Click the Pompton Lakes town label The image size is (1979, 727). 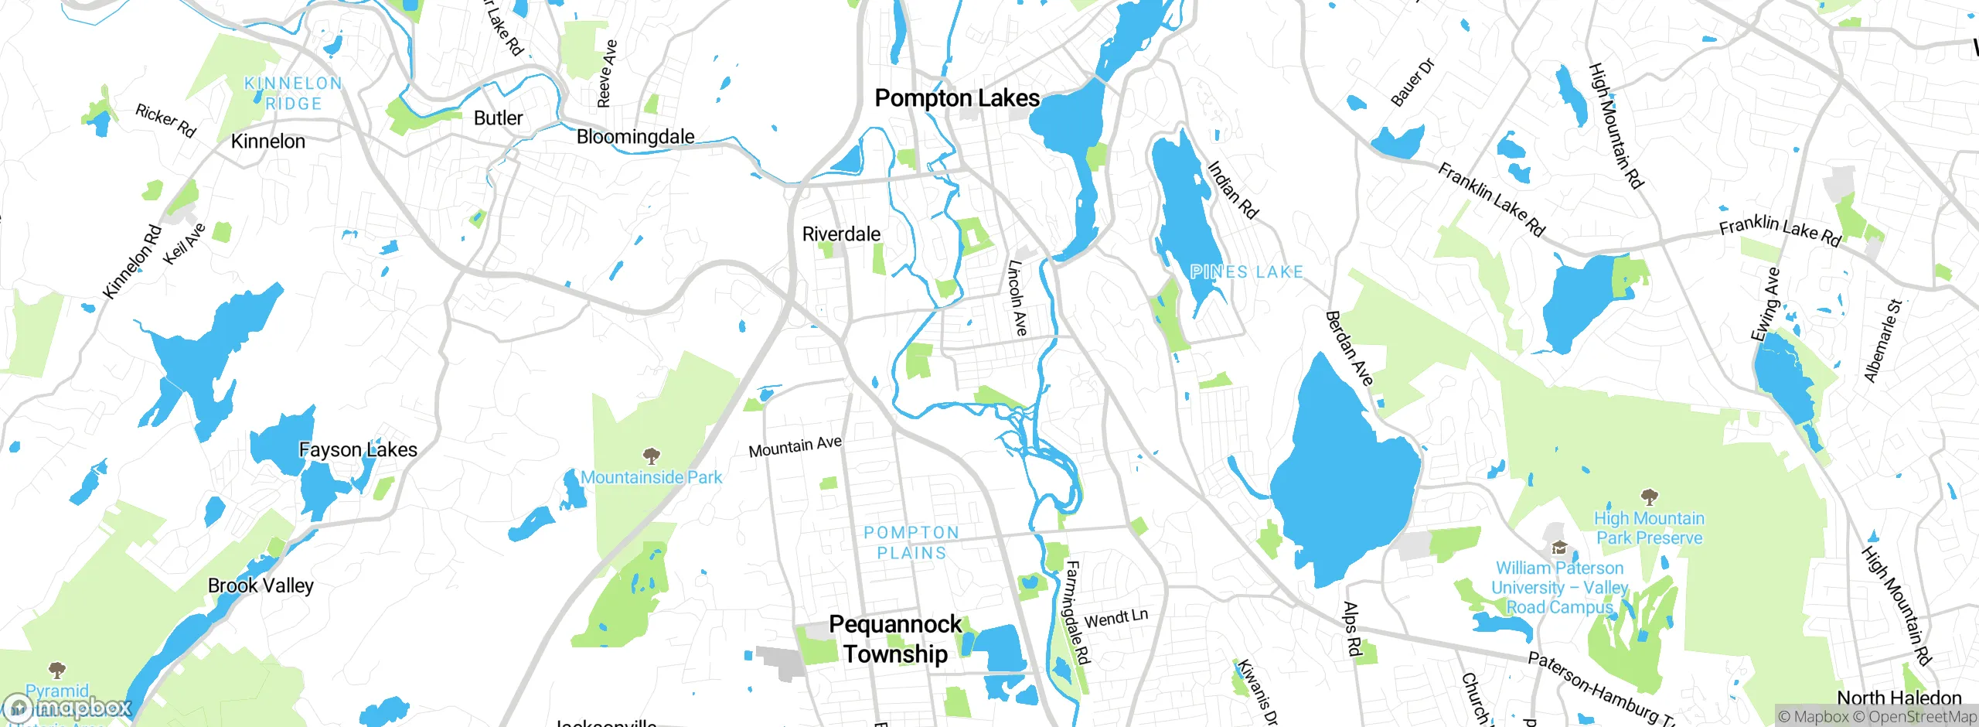[x=957, y=98]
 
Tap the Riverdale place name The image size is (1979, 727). [x=841, y=234]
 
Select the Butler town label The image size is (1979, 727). [x=498, y=118]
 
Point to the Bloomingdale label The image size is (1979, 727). [x=635, y=137]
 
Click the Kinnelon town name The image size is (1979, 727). [x=268, y=142]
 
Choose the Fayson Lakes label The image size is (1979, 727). [x=358, y=449]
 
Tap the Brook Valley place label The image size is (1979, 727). [x=261, y=585]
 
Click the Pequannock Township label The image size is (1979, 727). [x=895, y=639]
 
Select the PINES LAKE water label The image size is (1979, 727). [x=1246, y=272]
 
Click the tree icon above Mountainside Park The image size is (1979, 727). [x=652, y=456]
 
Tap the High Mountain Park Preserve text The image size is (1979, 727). [x=1649, y=528]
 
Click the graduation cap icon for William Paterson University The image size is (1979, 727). [x=1559, y=548]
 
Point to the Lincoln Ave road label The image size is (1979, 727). [x=1017, y=298]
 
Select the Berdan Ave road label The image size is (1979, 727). [x=1349, y=348]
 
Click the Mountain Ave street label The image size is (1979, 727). [x=795, y=446]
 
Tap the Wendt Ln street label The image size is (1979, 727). [x=1116, y=619]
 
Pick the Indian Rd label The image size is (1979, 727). [x=1233, y=189]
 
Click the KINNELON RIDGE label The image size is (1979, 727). [x=293, y=94]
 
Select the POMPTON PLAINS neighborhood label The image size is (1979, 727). [x=911, y=543]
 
